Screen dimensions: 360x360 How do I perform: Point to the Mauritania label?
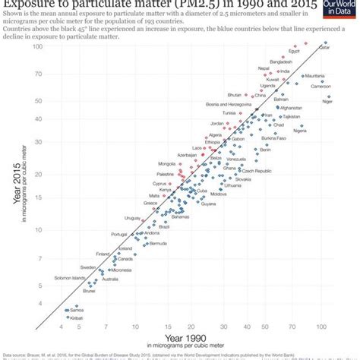tap(314, 77)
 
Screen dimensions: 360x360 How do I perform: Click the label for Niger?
tap(327, 102)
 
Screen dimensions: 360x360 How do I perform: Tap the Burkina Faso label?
tap(273, 139)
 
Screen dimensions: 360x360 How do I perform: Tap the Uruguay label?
tap(132, 219)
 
